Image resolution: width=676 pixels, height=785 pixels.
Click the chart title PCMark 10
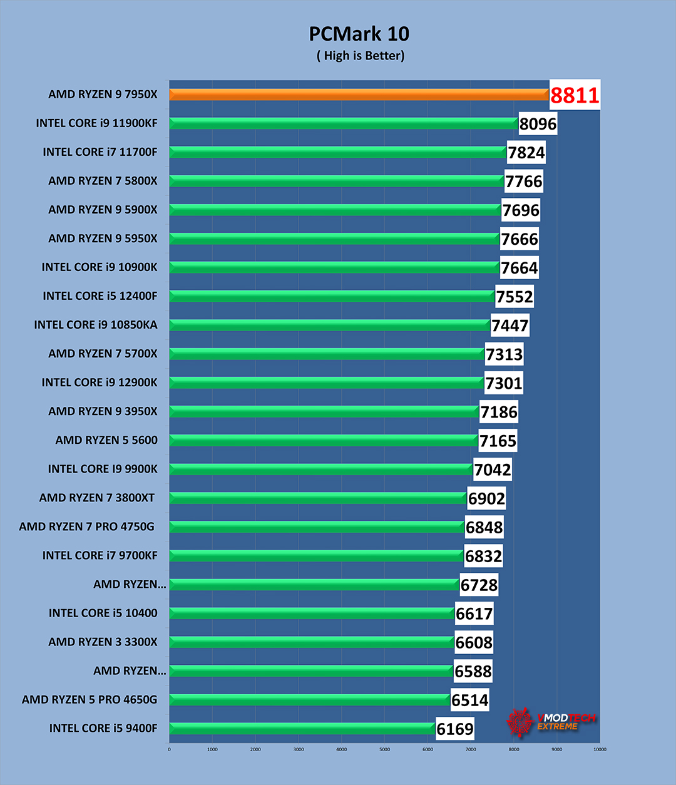point(359,34)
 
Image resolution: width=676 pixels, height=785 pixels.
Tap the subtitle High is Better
point(361,56)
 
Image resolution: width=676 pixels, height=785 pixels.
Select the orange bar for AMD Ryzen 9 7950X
point(359,95)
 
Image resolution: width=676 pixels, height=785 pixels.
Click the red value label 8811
point(575,95)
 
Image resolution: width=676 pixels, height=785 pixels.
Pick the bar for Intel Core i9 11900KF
point(344,123)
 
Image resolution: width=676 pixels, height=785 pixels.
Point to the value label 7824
point(526,153)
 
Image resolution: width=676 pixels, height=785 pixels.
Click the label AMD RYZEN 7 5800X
point(103,181)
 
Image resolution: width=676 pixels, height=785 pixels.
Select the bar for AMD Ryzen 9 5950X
point(334,239)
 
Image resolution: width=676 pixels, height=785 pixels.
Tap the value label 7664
point(519,268)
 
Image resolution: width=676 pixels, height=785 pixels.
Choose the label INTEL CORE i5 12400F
point(100,296)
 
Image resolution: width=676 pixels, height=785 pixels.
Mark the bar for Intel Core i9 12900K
point(326,382)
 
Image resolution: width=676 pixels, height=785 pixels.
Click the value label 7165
point(498,441)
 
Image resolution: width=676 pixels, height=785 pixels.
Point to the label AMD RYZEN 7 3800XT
point(97,498)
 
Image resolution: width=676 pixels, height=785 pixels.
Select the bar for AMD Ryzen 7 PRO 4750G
point(317,526)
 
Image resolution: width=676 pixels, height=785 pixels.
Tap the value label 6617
point(474,613)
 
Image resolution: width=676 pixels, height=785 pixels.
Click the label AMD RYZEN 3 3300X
point(103,642)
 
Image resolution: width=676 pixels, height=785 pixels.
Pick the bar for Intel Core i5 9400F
point(302,728)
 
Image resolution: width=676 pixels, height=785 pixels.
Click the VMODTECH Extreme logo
point(551,722)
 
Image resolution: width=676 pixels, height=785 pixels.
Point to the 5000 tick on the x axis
point(384,749)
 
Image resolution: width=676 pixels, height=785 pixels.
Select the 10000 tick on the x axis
point(600,749)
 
